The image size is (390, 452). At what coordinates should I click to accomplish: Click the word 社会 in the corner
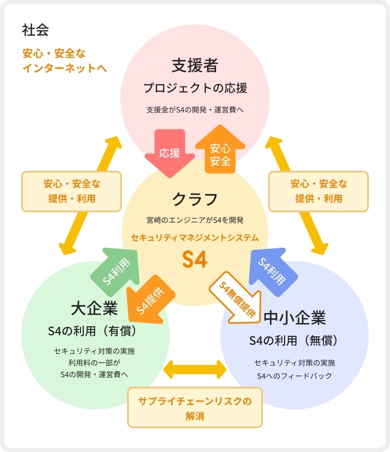click(36, 30)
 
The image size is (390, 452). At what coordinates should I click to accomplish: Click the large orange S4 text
click(194, 259)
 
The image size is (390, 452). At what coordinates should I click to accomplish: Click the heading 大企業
click(94, 309)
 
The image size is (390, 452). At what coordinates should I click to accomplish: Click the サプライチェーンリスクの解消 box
click(195, 407)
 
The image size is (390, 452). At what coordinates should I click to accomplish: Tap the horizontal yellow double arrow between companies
click(195, 370)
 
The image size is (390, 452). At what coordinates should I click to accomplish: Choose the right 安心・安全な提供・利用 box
click(318, 191)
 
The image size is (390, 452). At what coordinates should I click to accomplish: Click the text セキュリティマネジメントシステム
click(194, 237)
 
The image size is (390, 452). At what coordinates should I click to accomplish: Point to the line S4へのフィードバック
click(294, 376)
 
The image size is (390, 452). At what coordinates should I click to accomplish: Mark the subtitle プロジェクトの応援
click(194, 88)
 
